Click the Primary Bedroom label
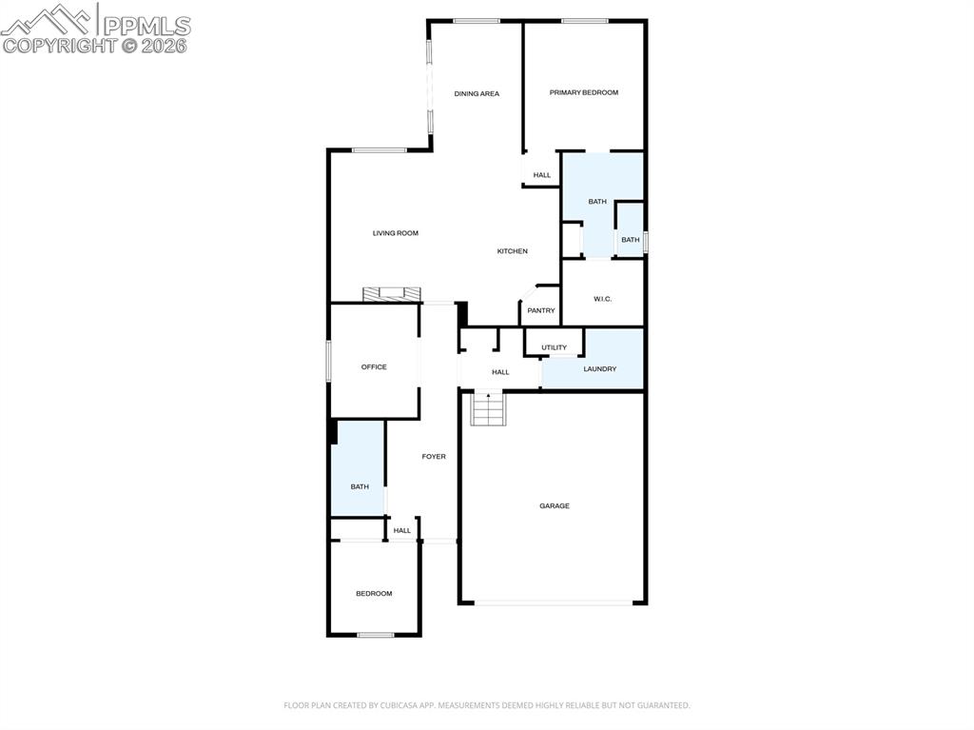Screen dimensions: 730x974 pyautogui.click(x=583, y=92)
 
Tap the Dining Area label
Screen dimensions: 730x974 pyautogui.click(x=477, y=93)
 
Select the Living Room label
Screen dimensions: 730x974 pyautogui.click(x=395, y=233)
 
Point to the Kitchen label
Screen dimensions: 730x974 pyautogui.click(x=512, y=251)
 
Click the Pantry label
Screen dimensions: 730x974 pyautogui.click(x=541, y=310)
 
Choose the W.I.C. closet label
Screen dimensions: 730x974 pyautogui.click(x=602, y=299)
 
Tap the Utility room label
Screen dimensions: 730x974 pyautogui.click(x=554, y=347)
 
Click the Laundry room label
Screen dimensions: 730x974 pyautogui.click(x=599, y=368)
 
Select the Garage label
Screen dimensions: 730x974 pyautogui.click(x=555, y=505)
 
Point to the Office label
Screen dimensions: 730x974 pyautogui.click(x=374, y=366)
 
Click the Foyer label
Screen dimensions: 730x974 pyautogui.click(x=434, y=457)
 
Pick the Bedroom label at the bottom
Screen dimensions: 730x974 pyautogui.click(x=374, y=594)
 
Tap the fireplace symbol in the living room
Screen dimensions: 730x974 pyautogui.click(x=390, y=293)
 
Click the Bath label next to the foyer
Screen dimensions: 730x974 pyautogui.click(x=360, y=486)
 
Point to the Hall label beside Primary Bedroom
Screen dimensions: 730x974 pyautogui.click(x=542, y=175)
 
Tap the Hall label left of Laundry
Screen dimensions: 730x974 pyautogui.click(x=500, y=372)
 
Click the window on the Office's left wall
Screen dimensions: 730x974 pyautogui.click(x=329, y=362)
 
